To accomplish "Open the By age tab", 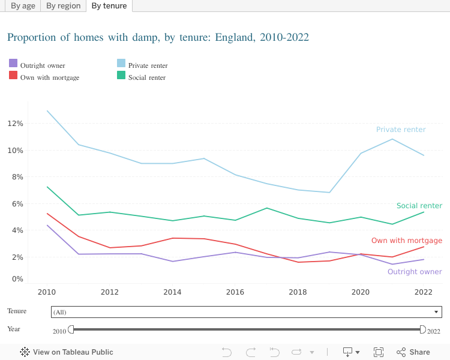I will coord(23,6).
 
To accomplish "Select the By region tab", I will coord(63,6).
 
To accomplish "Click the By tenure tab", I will coord(109,6).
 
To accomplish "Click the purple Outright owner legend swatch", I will coord(13,63).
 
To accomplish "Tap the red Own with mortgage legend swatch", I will coord(13,75).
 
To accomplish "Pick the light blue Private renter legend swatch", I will coord(121,63).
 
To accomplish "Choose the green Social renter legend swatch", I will coord(121,75).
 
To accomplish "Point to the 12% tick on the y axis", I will coord(15,124).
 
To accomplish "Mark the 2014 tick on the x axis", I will coord(172,292).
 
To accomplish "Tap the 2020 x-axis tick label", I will coord(361,292).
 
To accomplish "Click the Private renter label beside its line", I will coord(401,130).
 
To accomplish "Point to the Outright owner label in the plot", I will coord(415,272).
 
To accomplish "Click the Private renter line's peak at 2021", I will coord(392,139).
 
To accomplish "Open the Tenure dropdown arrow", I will coord(436,312).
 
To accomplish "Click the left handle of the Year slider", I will coord(71,329).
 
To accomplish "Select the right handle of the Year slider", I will coord(422,329).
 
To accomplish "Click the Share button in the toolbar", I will coord(413,352).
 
